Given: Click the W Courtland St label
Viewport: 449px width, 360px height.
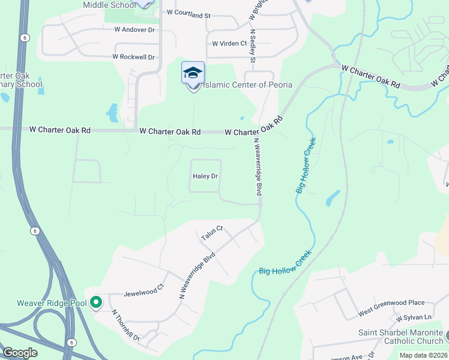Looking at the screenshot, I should (189, 13).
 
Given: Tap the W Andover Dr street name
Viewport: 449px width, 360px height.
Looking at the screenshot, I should (134, 29).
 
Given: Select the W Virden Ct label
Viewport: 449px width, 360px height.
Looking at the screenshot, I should (229, 43).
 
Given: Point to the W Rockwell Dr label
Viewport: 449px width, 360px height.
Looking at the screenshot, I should (133, 57).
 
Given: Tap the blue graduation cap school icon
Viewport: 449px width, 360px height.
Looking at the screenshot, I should (193, 73).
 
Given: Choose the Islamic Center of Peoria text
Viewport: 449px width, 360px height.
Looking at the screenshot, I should (247, 85).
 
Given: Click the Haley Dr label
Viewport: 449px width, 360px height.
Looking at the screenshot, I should (205, 176).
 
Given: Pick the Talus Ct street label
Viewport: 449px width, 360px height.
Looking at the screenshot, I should (211, 232).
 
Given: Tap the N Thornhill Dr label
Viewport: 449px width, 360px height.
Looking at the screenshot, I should (125, 325).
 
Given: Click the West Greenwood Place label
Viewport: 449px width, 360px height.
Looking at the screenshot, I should (391, 307).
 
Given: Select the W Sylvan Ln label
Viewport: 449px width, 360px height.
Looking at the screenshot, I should (414, 317).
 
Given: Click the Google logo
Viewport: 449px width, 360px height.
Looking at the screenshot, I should (20, 352).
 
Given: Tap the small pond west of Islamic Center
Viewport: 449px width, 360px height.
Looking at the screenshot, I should (112, 112).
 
